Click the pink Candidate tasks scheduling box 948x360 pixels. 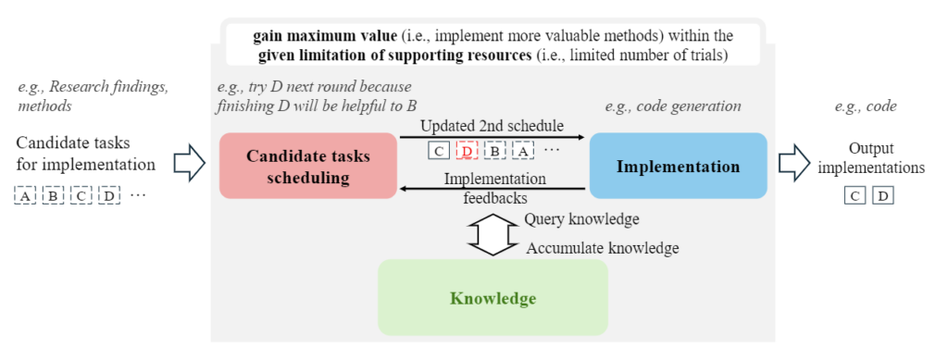click(307, 166)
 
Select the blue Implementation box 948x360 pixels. click(678, 166)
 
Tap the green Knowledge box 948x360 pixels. click(493, 298)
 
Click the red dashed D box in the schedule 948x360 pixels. click(468, 151)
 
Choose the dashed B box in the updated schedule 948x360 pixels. click(496, 151)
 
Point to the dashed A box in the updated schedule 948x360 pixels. click(524, 151)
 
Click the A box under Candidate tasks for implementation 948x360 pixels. click(25, 195)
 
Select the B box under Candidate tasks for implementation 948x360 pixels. click(54, 195)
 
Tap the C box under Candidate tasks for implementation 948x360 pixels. click(82, 195)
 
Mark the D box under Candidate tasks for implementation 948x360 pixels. click(110, 195)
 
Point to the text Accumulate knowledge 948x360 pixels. click(602, 248)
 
